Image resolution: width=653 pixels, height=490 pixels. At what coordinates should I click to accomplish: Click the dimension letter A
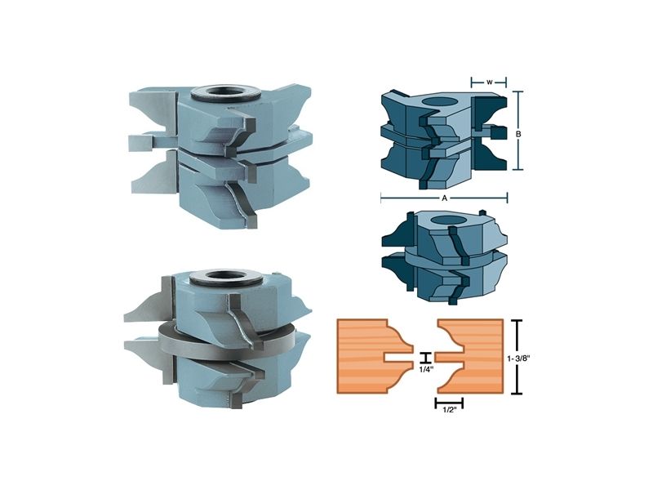tap(444, 198)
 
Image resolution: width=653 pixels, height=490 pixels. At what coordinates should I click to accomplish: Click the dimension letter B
tap(518, 134)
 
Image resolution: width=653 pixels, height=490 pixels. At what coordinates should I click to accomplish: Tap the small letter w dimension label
tap(489, 82)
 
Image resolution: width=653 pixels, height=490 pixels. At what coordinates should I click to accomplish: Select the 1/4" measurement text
tap(425, 368)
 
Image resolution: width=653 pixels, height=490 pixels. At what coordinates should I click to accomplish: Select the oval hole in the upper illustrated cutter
tap(440, 101)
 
